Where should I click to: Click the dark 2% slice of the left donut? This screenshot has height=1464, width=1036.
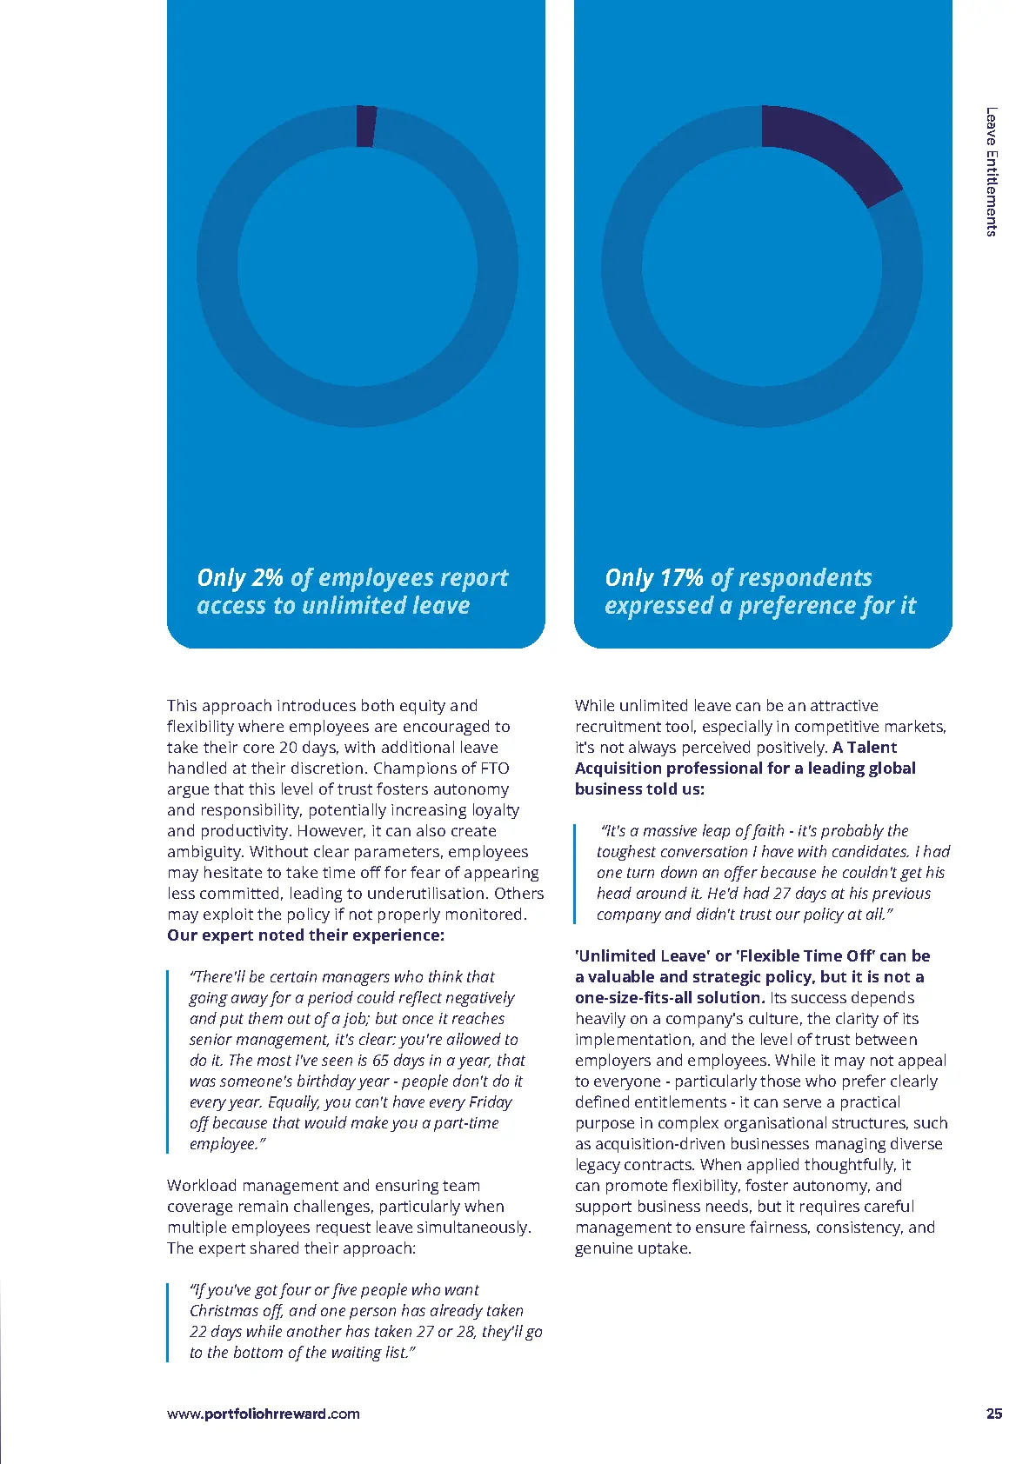366,126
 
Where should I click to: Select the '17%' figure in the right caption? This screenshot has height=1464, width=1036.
681,578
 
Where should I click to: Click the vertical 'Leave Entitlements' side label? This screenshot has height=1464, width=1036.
992,171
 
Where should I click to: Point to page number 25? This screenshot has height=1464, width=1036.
994,1414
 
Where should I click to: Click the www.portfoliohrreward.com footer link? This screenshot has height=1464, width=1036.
263,1414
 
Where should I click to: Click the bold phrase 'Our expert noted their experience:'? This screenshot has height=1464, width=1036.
305,935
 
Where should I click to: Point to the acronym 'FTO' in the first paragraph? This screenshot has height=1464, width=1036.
494,769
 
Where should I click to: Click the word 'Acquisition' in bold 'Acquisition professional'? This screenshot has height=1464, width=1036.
618,769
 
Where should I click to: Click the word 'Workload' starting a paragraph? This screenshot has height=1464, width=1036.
200,1186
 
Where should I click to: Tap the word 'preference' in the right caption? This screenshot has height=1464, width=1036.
798,606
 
